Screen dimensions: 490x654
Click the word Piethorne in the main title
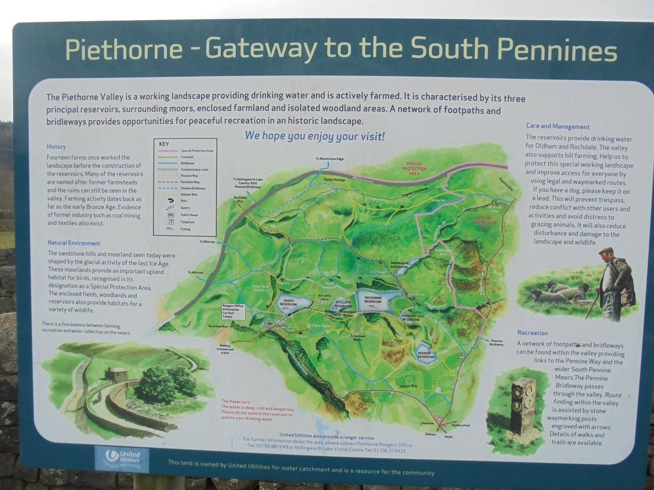point(123,50)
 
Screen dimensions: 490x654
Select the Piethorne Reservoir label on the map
point(373,300)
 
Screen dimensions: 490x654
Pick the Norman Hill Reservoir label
point(401,265)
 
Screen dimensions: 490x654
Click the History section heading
point(56,147)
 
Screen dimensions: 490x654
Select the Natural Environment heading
point(74,243)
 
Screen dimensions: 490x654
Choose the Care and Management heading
point(557,127)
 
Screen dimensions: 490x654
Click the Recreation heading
point(532,333)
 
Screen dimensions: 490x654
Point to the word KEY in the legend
point(163,144)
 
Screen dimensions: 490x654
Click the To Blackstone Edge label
point(329,159)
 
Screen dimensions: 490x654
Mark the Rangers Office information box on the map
point(233,311)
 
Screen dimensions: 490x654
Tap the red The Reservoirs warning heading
point(236,402)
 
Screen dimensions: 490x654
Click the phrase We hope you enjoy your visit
point(315,136)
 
